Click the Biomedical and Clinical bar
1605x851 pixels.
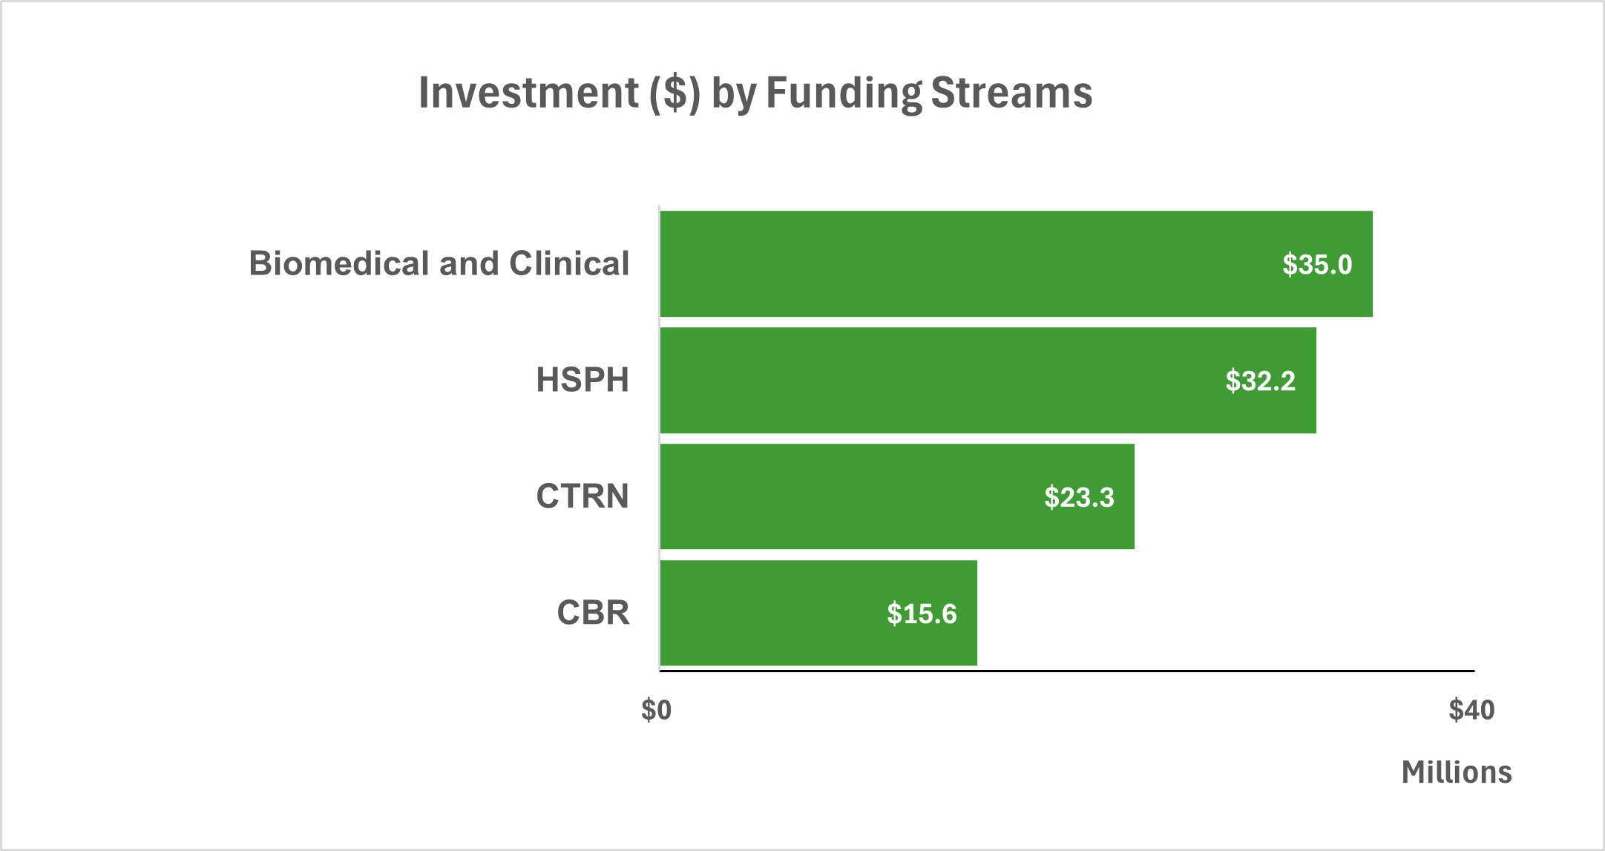(965, 264)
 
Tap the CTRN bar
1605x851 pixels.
(853, 497)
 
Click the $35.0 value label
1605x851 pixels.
(1317, 265)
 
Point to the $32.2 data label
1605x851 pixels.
(1260, 381)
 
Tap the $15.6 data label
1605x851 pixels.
(922, 614)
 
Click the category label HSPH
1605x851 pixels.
(582, 381)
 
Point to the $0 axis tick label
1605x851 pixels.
(657, 711)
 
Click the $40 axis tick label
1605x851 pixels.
(1471, 711)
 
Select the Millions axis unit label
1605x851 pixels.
(1456, 773)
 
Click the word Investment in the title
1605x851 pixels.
(529, 93)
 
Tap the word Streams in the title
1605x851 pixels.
(1011, 93)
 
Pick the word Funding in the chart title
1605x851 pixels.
(844, 93)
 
